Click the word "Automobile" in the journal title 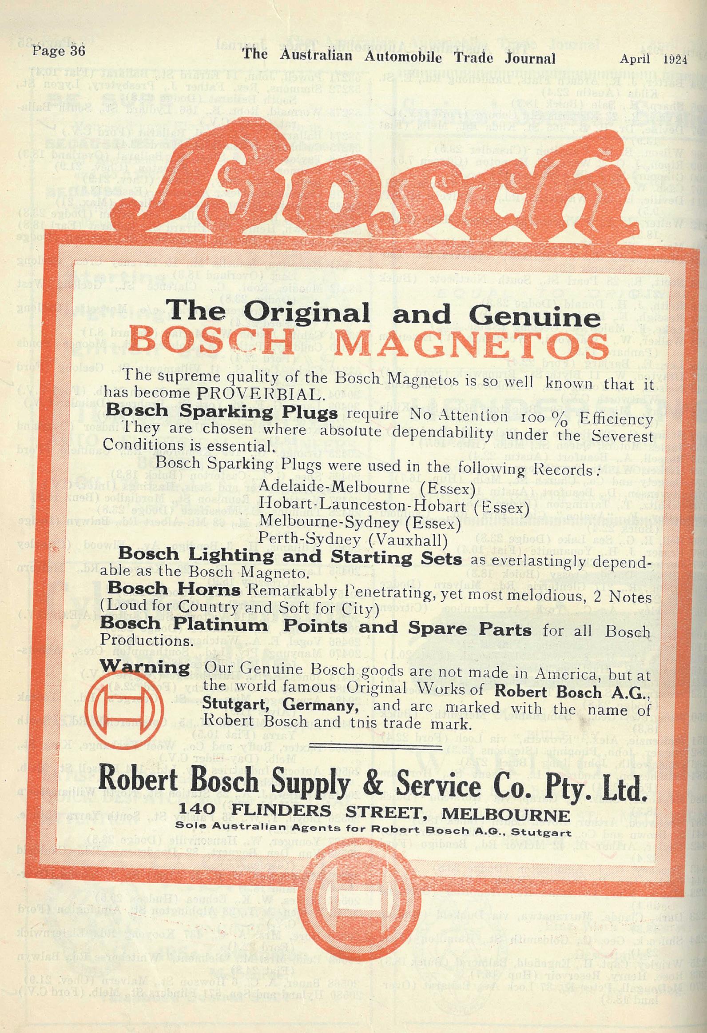(403, 57)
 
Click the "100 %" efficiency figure (546, 418)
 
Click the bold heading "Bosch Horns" (174, 589)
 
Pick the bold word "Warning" (145, 667)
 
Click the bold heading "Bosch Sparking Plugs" (222, 412)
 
